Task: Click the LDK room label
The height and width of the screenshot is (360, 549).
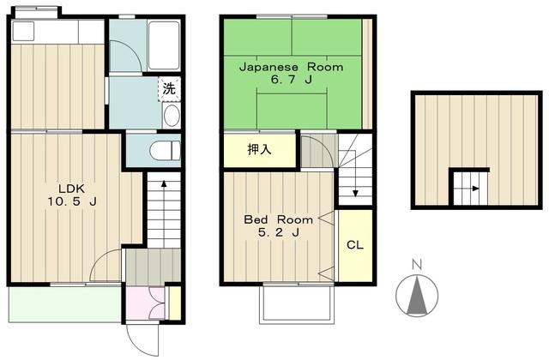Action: point(71,189)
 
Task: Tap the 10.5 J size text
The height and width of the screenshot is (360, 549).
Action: point(72,201)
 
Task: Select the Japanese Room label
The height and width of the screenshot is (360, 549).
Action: point(292,67)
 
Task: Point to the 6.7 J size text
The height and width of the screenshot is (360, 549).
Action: point(292,80)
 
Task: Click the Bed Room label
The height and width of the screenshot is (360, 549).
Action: point(278,219)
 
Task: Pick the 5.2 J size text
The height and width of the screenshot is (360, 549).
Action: point(278,232)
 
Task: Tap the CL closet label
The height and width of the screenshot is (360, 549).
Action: point(355,245)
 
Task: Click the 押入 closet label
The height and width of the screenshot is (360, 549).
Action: point(259,150)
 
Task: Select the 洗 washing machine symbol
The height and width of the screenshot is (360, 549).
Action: point(169,89)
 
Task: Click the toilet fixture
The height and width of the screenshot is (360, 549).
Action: point(166,151)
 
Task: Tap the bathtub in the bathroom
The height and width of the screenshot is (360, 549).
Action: point(164,45)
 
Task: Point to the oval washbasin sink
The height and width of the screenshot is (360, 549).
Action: point(172,116)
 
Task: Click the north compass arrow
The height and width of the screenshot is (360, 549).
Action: point(417,295)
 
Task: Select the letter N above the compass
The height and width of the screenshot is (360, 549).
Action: point(417,265)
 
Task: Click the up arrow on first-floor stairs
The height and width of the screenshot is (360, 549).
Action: point(164,214)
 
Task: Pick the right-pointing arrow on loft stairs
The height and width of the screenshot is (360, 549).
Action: point(467,189)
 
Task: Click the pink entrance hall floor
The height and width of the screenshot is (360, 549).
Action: point(145,303)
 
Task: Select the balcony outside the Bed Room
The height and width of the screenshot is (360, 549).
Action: point(297,303)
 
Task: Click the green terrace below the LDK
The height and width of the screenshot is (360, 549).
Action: point(65,303)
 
